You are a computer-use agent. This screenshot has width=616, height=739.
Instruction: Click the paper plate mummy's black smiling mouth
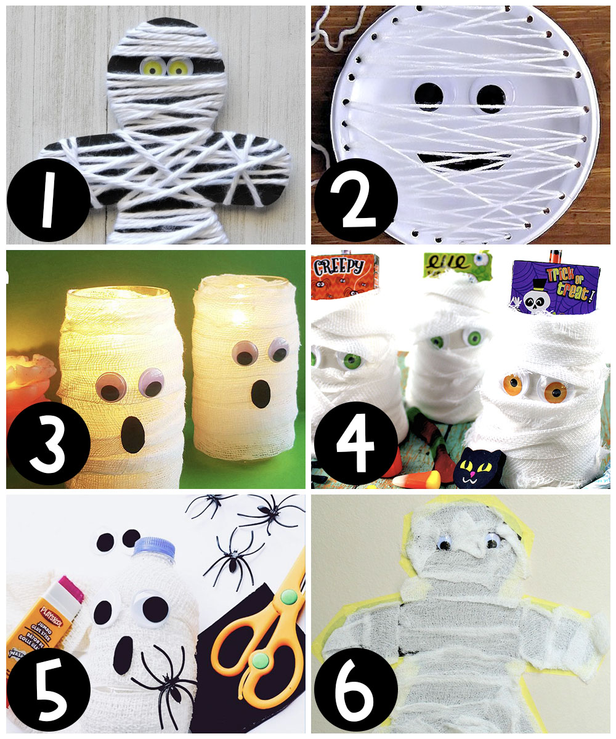tap(463, 161)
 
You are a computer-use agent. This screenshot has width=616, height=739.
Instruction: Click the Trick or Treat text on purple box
tap(563, 281)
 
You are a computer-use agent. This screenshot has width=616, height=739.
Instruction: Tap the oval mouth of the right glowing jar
tap(261, 394)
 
